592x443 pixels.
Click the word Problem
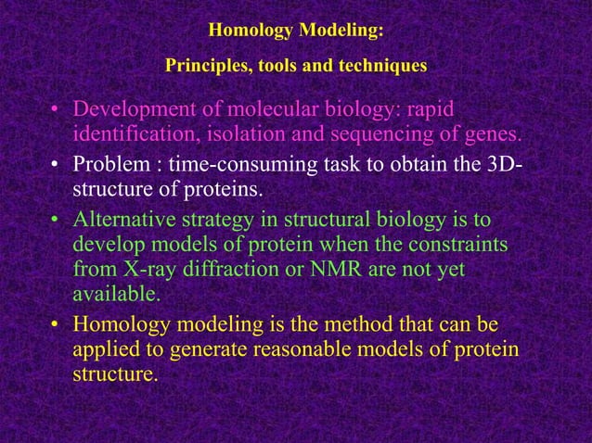click(107, 167)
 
